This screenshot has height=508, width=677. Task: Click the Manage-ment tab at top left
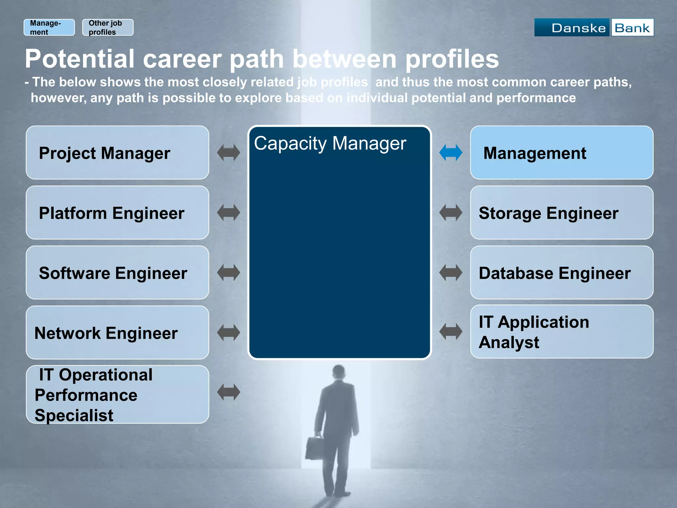[49, 27]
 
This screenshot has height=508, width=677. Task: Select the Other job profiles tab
[107, 27]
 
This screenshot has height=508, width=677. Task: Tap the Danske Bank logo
[594, 27]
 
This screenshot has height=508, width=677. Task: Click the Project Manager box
[117, 152]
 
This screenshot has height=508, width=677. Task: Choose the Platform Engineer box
[117, 213]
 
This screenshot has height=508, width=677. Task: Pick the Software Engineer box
[117, 273]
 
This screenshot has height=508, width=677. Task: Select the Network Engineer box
[117, 332]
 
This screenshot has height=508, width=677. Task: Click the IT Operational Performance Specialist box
[117, 394]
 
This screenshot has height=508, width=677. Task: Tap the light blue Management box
[561, 152]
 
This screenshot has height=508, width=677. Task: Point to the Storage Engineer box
[561, 213]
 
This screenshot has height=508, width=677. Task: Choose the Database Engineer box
[561, 273]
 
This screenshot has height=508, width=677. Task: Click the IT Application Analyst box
[561, 332]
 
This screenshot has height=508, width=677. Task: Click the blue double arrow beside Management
[451, 153]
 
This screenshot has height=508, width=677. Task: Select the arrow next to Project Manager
[228, 153]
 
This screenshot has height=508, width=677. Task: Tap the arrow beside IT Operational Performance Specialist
[228, 392]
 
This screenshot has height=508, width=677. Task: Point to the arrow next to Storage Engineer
[451, 213]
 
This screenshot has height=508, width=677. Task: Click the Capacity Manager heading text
[330, 144]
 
